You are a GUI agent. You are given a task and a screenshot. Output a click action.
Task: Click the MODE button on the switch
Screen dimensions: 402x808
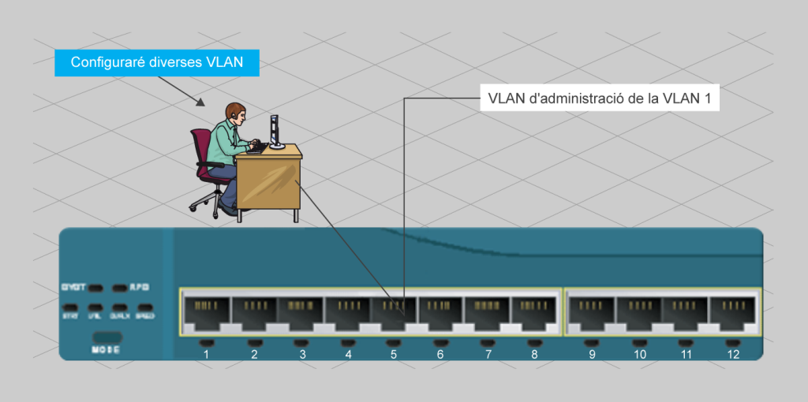click(107, 337)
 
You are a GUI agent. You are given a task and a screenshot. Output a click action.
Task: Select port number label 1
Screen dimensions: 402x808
click(206, 355)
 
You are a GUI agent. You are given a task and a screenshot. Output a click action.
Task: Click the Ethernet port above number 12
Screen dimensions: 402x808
click(733, 313)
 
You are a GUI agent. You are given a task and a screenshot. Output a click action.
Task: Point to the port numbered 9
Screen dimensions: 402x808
click(592, 313)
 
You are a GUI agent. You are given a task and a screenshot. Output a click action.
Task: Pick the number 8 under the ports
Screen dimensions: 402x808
click(535, 355)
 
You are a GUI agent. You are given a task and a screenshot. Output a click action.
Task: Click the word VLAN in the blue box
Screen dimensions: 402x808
click(223, 63)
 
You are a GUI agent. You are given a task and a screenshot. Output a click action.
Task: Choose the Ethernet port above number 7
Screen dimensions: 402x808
click(488, 313)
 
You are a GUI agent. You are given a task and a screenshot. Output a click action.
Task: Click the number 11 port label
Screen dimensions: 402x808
click(686, 355)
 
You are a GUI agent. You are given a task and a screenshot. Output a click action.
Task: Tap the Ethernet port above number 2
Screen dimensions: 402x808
click(253, 313)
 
